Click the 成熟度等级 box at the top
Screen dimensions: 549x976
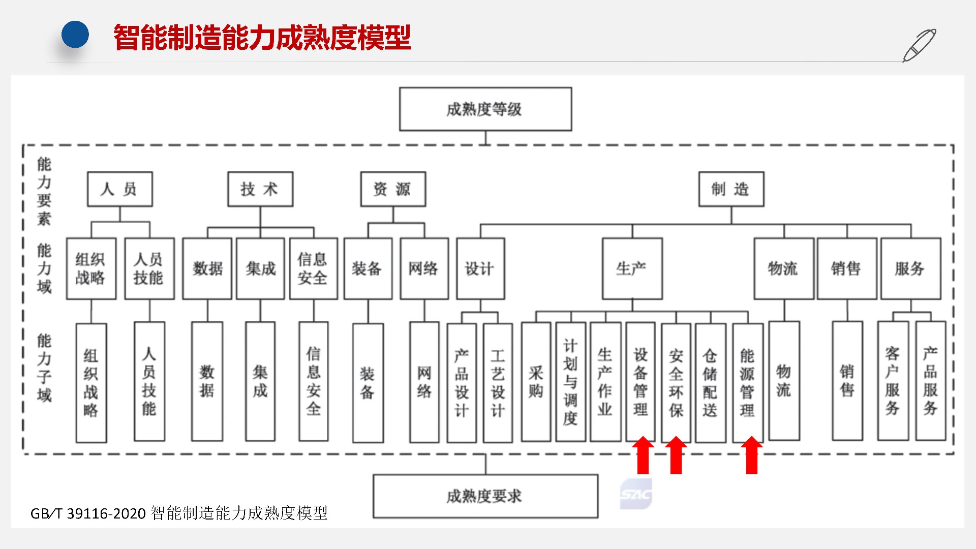(x=485, y=109)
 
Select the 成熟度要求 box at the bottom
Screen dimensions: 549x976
(x=485, y=496)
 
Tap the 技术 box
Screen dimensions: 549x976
(x=260, y=189)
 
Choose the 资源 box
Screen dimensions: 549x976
(x=392, y=189)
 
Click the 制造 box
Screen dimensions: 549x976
(x=730, y=189)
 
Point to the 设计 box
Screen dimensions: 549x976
(x=480, y=268)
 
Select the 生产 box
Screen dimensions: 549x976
(x=632, y=268)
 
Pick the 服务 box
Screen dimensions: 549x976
(x=910, y=268)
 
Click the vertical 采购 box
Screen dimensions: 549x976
(x=536, y=381)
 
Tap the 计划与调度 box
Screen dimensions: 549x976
(x=570, y=381)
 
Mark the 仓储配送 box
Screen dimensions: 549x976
(x=710, y=381)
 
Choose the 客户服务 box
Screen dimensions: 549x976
(x=893, y=381)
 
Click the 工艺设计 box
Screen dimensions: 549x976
(x=498, y=381)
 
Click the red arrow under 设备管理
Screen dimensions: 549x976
(x=643, y=455)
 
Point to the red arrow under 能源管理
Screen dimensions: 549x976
(x=751, y=455)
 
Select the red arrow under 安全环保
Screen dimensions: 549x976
(x=676, y=455)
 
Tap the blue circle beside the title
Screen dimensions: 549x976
(x=75, y=35)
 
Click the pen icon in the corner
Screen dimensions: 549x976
(x=919, y=45)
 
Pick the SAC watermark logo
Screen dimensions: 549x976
(x=635, y=494)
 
